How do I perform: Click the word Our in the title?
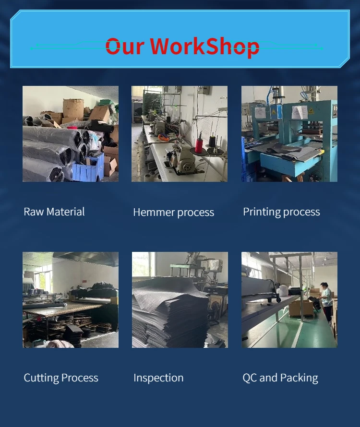[124, 46]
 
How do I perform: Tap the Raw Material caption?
[54, 212]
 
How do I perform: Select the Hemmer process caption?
[174, 213]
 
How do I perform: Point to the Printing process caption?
[281, 212]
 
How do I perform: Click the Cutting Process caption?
[61, 378]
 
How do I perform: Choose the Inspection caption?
[158, 378]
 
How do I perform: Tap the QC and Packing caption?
[280, 378]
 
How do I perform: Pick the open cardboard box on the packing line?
[300, 308]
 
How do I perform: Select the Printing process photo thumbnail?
[289, 134]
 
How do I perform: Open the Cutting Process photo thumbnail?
[71, 300]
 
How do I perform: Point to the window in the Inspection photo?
[144, 264]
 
